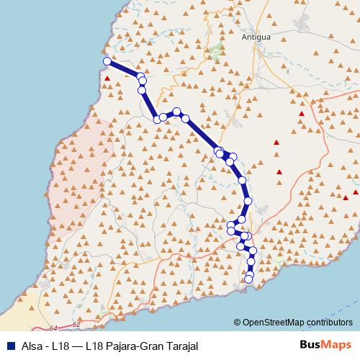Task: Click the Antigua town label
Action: click(256, 36)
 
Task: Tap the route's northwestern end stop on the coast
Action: click(107, 62)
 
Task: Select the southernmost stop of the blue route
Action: click(249, 279)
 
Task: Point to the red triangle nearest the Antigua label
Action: click(302, 114)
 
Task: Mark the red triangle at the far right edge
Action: click(346, 197)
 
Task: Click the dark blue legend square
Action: click(9, 345)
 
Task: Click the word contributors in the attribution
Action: click(330, 323)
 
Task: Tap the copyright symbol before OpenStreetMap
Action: click(238, 323)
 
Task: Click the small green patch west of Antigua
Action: click(215, 51)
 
